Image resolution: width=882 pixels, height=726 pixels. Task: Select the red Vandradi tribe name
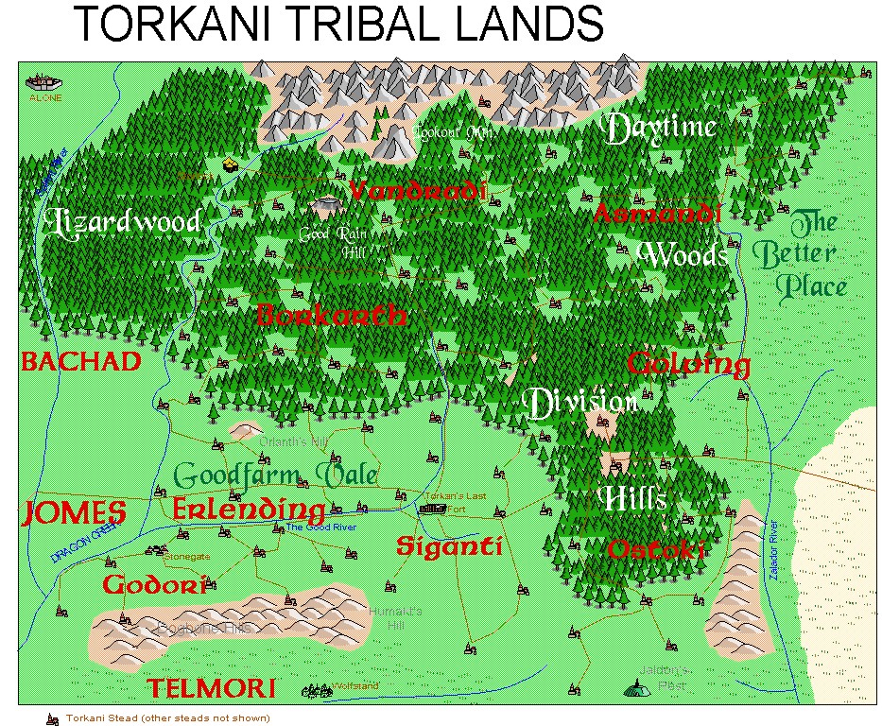click(417, 191)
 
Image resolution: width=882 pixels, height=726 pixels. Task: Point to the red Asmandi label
click(657, 214)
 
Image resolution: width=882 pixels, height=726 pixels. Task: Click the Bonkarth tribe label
click(332, 315)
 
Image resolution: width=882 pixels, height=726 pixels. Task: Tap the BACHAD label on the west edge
click(80, 362)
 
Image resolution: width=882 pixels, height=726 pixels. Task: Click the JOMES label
click(74, 513)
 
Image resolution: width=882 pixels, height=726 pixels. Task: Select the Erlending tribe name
click(249, 510)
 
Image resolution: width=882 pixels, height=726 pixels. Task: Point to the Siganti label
click(448, 546)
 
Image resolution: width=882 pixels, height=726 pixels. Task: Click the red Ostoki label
click(657, 549)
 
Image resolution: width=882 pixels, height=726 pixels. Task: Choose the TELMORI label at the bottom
click(210, 688)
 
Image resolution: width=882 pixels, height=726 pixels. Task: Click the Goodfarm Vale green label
click(276, 475)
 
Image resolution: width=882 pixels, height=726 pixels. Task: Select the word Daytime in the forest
click(661, 129)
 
